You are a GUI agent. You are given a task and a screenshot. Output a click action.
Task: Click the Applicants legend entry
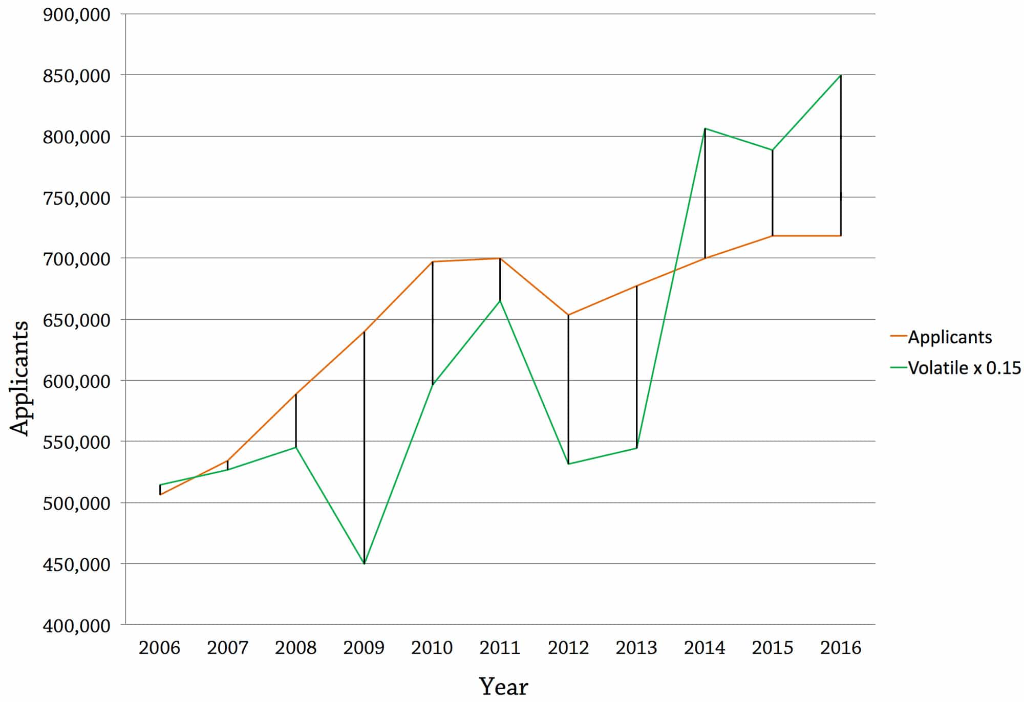click(x=949, y=337)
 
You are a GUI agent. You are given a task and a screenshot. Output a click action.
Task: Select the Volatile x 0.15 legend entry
click(x=964, y=368)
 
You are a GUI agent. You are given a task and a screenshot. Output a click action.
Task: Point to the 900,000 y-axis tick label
click(x=77, y=15)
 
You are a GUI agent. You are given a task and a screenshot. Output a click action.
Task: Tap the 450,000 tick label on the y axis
click(x=77, y=564)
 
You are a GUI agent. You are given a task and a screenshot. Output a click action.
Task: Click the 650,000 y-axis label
click(x=77, y=320)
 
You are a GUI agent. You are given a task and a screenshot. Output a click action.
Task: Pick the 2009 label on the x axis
click(x=364, y=648)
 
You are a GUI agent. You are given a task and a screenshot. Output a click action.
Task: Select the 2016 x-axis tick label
click(x=841, y=648)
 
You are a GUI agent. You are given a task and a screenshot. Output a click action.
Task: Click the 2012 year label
click(x=568, y=648)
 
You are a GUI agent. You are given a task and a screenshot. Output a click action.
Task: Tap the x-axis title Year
click(x=503, y=686)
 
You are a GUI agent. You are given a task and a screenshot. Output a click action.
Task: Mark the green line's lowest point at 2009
click(x=364, y=563)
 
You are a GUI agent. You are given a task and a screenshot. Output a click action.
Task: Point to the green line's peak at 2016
click(x=841, y=75)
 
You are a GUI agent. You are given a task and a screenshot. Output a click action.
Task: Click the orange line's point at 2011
click(x=500, y=258)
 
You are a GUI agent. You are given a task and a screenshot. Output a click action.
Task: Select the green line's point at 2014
click(x=705, y=128)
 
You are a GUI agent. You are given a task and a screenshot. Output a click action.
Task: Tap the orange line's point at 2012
click(x=568, y=315)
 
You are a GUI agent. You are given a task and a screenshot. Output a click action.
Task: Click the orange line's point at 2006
click(x=160, y=495)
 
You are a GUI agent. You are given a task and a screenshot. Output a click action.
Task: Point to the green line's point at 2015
click(x=773, y=150)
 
